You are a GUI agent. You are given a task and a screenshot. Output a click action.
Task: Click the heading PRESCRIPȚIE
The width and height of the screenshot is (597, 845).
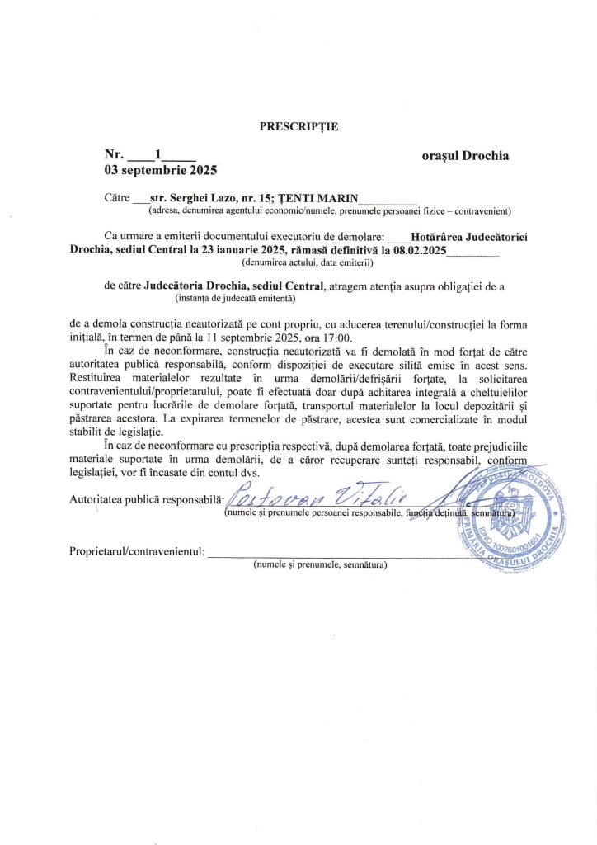pos(298,126)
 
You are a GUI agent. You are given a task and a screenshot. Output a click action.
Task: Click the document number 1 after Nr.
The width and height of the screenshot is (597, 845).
pos(157,154)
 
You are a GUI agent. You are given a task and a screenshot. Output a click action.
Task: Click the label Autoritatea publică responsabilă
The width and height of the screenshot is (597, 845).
pos(146,499)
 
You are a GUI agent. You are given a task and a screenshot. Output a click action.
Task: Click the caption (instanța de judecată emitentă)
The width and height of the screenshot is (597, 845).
pos(235,299)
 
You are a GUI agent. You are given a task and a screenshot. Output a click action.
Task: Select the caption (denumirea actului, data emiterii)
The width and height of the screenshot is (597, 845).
pos(308,263)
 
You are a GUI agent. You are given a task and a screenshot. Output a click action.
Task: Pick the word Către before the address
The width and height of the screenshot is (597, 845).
pos(118,198)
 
